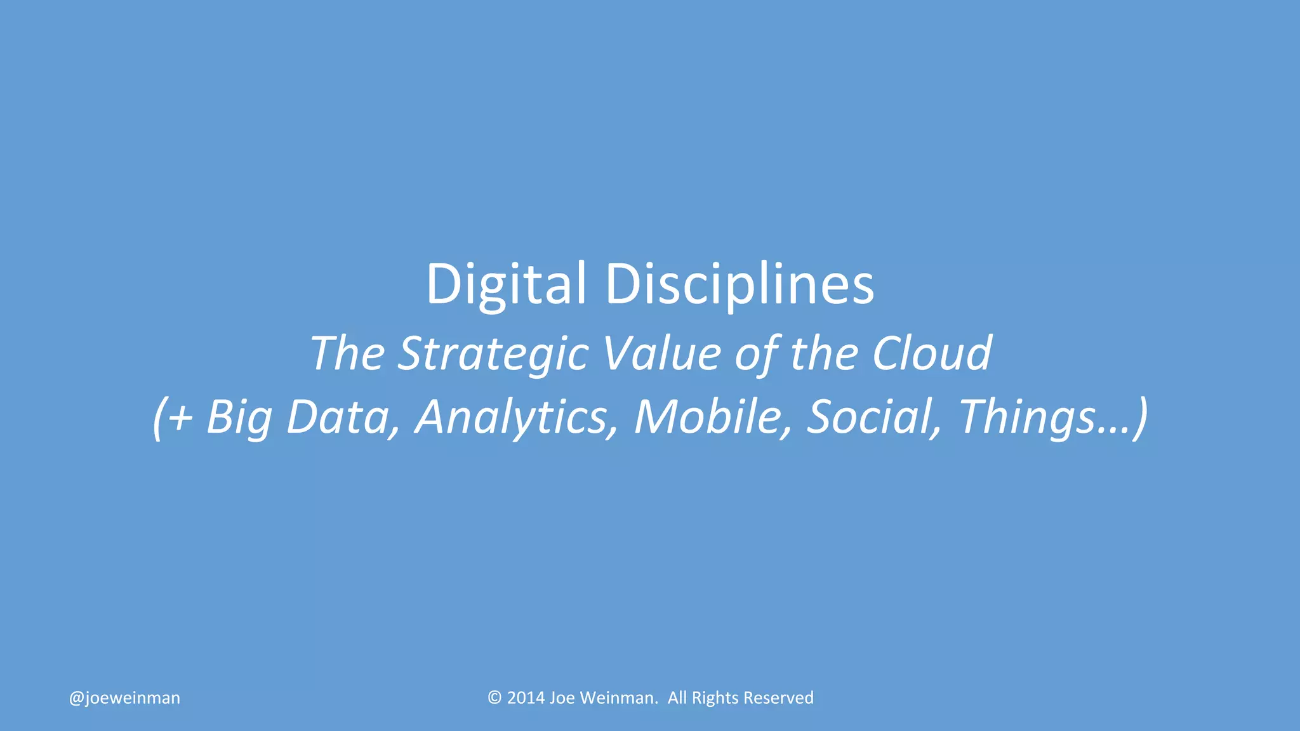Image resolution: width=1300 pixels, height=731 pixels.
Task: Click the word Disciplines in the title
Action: [x=740, y=284]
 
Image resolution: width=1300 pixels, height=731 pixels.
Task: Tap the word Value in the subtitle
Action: [x=661, y=353]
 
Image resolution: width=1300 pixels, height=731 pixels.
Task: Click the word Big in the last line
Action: [x=239, y=418]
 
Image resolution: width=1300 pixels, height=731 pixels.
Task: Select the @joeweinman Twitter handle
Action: [x=124, y=698]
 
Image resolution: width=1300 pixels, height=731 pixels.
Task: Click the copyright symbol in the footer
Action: [x=494, y=698]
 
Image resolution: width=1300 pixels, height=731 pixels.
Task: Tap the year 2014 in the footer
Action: [x=526, y=698]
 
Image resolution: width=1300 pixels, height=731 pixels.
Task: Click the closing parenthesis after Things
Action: [x=1141, y=418]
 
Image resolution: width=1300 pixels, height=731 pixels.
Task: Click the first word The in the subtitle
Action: [x=347, y=353]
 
